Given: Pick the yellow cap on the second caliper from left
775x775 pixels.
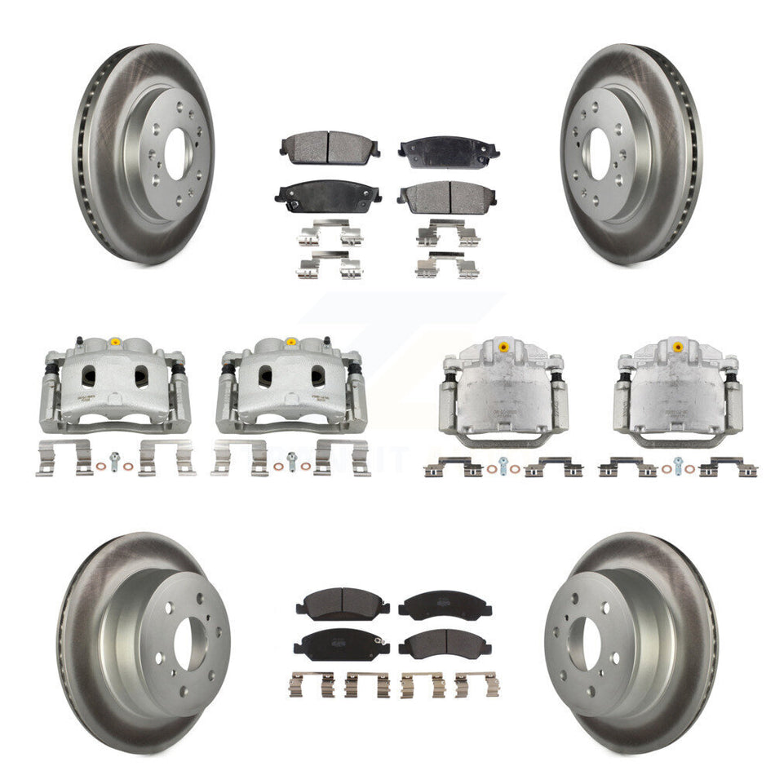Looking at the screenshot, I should (x=291, y=342).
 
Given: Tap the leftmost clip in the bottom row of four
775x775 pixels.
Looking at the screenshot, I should (x=311, y=684).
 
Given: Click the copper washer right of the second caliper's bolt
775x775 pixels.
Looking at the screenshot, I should (x=306, y=466).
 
